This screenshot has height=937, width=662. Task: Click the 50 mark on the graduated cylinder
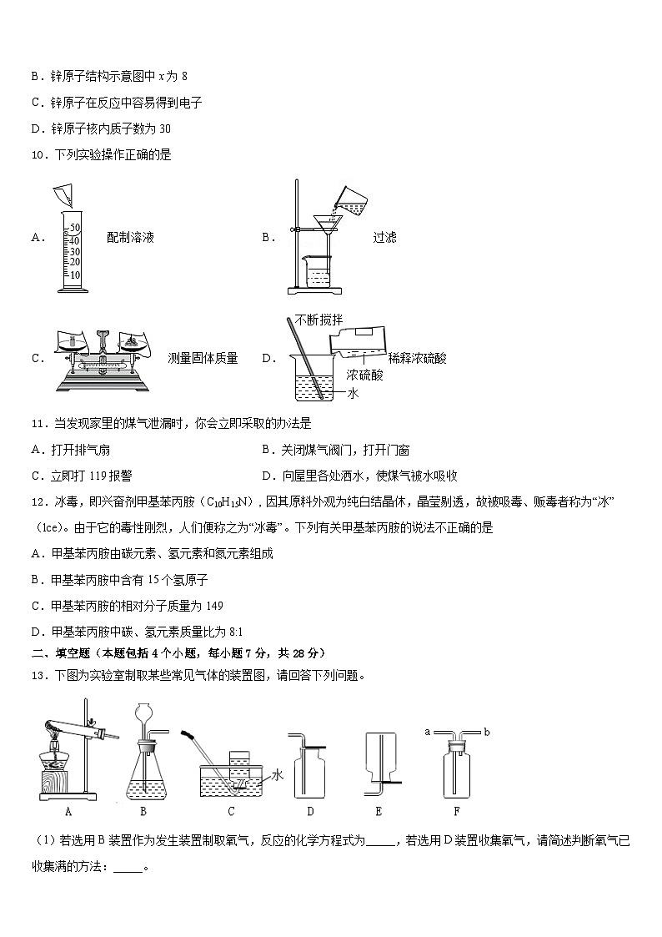pyautogui.click(x=74, y=228)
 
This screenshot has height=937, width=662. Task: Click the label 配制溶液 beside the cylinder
pyautogui.click(x=131, y=238)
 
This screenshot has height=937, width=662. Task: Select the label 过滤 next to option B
pyautogui.click(x=384, y=238)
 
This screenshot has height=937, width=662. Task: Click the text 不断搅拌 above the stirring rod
pyautogui.click(x=318, y=320)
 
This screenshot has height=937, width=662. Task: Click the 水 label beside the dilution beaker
pyautogui.click(x=353, y=393)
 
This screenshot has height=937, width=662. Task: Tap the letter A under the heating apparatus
pyautogui.click(x=66, y=810)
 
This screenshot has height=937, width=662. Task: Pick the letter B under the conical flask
pyautogui.click(x=143, y=810)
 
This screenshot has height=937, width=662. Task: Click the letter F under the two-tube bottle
pyautogui.click(x=455, y=810)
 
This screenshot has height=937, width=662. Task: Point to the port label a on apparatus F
pyautogui.click(x=427, y=732)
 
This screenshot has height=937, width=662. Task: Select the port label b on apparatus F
pyautogui.click(x=485, y=732)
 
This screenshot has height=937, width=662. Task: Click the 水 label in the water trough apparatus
pyautogui.click(x=278, y=775)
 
